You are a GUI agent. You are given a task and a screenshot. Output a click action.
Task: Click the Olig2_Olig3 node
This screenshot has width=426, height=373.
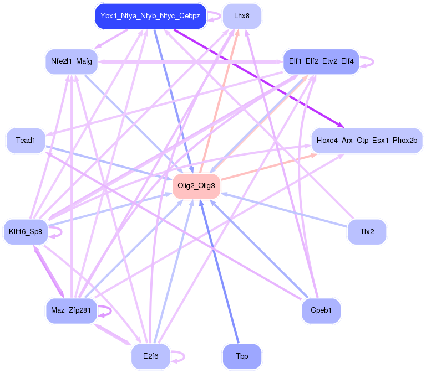pos(197,186)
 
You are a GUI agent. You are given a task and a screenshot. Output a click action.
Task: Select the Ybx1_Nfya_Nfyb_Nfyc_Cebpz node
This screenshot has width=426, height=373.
pos(150,16)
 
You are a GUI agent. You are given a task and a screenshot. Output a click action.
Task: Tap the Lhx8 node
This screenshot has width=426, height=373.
pos(241,16)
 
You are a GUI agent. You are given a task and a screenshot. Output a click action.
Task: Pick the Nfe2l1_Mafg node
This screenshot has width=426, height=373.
pos(72,61)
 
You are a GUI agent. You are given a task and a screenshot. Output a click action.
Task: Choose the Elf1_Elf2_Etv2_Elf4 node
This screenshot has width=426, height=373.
pos(321,61)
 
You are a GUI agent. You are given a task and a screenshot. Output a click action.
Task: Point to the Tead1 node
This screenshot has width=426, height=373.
pos(26,141)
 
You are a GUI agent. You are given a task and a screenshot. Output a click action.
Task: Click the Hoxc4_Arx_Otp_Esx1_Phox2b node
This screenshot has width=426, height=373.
pos(367,141)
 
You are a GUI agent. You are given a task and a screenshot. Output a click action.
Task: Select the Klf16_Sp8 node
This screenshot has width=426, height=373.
pos(26,231)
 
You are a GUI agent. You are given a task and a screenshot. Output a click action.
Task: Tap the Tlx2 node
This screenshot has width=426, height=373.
pos(367,231)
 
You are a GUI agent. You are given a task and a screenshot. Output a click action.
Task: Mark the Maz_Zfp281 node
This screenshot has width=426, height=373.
pos(71,310)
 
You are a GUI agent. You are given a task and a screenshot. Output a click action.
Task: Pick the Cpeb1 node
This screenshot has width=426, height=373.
pos(321,310)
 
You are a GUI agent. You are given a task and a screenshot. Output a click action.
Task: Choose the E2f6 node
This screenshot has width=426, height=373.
pos(150,356)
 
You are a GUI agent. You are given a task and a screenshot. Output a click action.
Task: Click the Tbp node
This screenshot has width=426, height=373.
pos(241,356)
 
